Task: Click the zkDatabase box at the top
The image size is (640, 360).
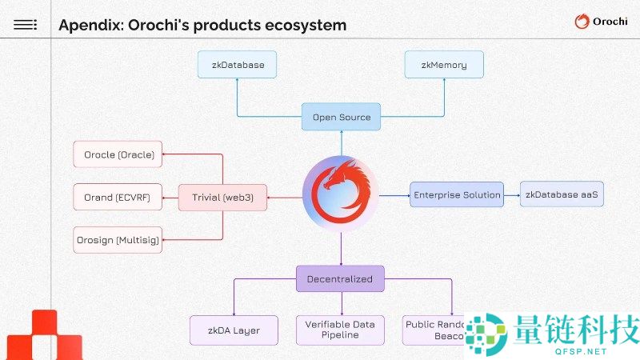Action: click(x=237, y=65)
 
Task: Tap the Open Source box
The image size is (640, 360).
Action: click(x=342, y=117)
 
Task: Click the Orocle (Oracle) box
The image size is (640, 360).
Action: click(x=118, y=154)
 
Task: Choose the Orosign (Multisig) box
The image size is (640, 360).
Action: click(x=118, y=239)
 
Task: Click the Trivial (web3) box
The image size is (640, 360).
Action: click(x=222, y=197)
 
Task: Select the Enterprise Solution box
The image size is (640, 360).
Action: click(x=456, y=194)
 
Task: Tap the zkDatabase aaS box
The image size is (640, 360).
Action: click(x=562, y=194)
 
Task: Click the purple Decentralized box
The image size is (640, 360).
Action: click(x=340, y=278)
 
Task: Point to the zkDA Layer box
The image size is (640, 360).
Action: click(x=235, y=330)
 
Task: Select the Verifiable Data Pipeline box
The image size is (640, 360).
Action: click(x=342, y=330)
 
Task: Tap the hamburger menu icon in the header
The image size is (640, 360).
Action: click(x=26, y=25)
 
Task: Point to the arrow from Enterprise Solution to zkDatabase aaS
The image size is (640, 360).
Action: click(x=513, y=194)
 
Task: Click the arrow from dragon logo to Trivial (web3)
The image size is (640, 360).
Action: click(x=284, y=197)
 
